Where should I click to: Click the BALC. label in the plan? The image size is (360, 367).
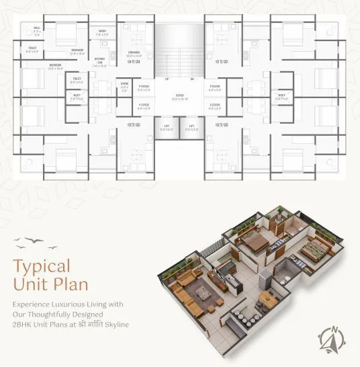tap(18, 30)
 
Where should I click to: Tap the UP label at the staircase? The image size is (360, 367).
tap(168, 80)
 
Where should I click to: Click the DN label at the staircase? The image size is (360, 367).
tap(192, 80)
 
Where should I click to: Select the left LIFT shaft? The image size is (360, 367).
tap(167, 128)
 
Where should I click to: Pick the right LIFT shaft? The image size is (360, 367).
tap(192, 128)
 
